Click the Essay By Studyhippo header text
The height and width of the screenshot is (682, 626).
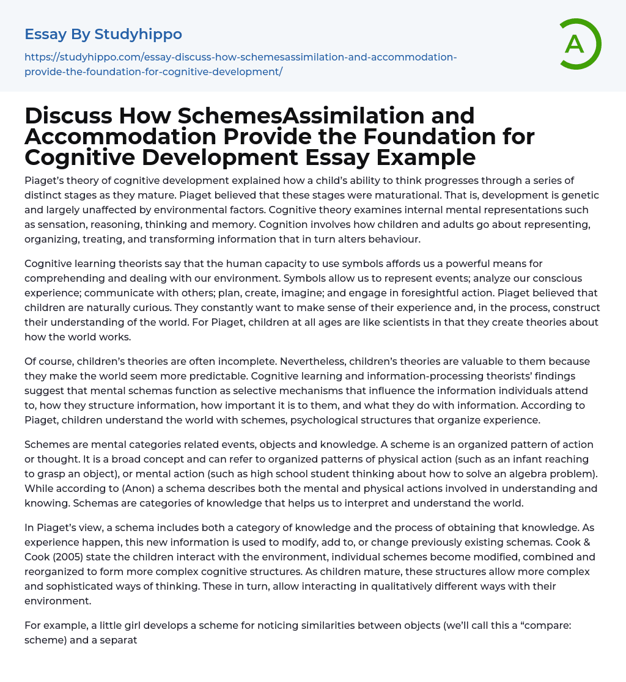103,34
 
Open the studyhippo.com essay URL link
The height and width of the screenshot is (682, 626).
240,64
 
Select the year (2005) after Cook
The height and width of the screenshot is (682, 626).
72,557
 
